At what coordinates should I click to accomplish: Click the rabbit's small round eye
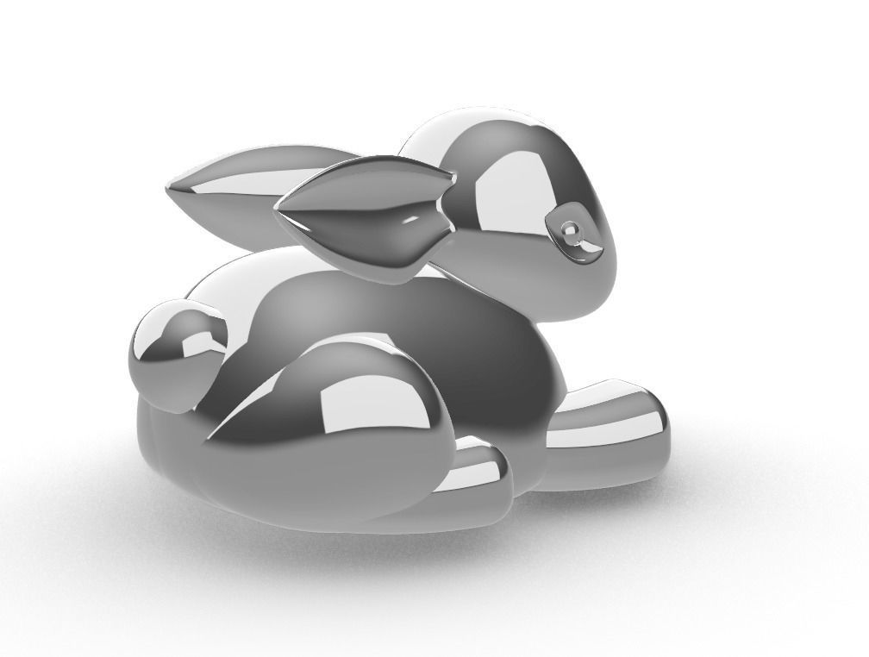(571, 229)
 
